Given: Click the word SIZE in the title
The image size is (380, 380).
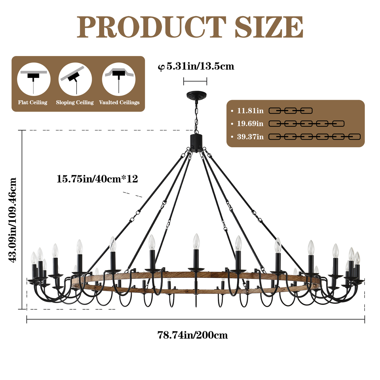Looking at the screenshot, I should click(x=269, y=28).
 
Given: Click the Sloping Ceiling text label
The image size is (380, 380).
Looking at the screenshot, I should click(x=75, y=103).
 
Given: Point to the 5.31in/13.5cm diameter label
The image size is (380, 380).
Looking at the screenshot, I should click(x=196, y=66).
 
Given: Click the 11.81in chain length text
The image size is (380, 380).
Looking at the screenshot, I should click(x=250, y=111).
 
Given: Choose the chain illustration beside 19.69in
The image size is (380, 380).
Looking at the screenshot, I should click(x=307, y=124).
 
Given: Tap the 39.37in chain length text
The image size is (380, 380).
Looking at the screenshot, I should click(x=250, y=137).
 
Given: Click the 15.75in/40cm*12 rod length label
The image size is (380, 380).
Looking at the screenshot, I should click(x=97, y=179).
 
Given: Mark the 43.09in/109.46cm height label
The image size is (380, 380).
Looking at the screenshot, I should click(x=13, y=220).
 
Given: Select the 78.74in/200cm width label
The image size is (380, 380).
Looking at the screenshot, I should click(x=193, y=335).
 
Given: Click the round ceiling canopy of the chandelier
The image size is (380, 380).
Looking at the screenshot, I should click(x=196, y=95).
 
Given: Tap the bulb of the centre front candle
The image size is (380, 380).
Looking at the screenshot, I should click(x=196, y=241).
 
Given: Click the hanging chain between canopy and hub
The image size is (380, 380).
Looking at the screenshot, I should click(x=196, y=116).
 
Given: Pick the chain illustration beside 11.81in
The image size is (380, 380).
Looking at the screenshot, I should click(x=290, y=111).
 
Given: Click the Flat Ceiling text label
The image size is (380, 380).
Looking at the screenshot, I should click(x=33, y=103).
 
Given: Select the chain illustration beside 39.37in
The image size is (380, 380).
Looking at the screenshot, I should click(x=314, y=137).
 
